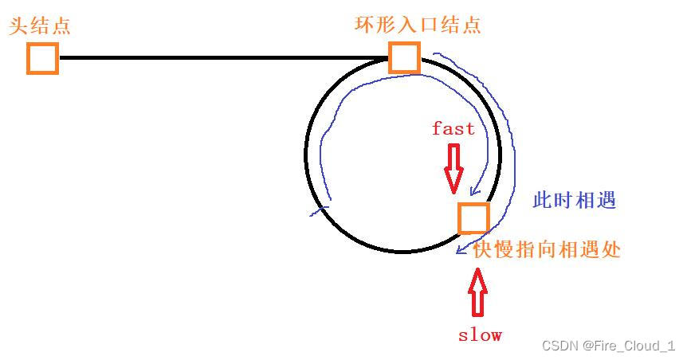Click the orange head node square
42,58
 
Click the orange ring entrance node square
404,57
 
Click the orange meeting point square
473,217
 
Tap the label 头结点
40,25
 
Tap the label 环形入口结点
418,24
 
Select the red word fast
453,128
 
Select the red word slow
480,335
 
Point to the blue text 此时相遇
575,200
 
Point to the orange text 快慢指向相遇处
547,249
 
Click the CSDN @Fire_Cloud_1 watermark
608,345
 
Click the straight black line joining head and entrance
223,58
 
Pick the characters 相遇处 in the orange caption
589,249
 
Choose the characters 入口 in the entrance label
418,24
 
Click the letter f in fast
437,128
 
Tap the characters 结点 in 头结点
50,25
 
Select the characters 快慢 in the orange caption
494,249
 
